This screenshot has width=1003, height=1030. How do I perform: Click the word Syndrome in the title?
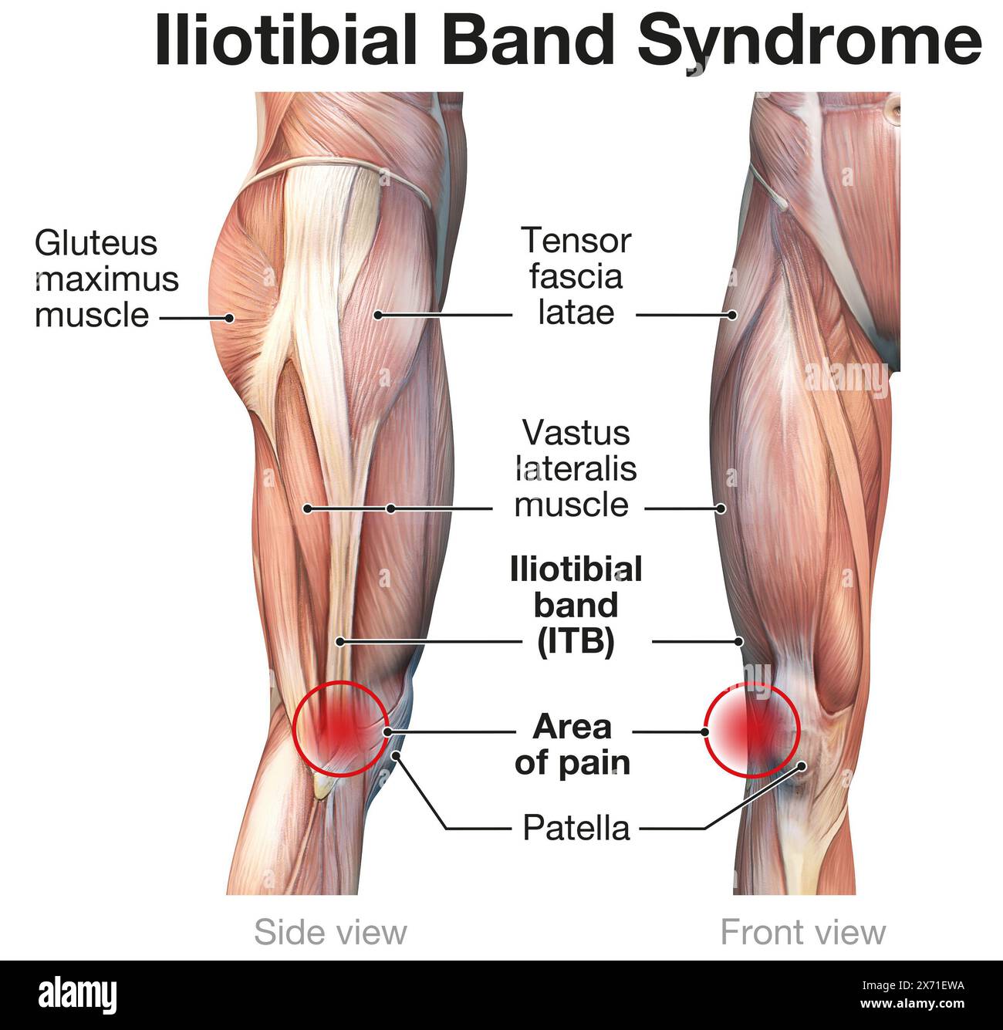click(809, 40)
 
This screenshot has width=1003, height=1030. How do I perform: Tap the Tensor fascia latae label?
click(576, 276)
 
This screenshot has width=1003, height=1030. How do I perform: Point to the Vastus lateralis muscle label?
click(576, 469)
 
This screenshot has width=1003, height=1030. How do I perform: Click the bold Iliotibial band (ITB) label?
click(576, 606)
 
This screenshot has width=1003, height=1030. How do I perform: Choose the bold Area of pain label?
click(572, 745)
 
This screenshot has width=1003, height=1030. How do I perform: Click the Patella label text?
click(576, 828)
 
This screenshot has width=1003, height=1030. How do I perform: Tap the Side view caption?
click(330, 932)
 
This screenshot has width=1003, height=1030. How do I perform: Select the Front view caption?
click(802, 932)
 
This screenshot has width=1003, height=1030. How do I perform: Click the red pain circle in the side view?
click(340, 728)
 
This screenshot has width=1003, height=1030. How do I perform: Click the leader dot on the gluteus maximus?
click(229, 316)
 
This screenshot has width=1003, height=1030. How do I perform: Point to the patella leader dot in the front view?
click(802, 766)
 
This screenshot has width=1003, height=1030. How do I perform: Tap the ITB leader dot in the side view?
click(339, 641)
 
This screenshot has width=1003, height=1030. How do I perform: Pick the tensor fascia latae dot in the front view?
click(733, 315)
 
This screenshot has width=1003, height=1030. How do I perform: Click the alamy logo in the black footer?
click(77, 995)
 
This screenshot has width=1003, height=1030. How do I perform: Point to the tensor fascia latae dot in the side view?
click(378, 315)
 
